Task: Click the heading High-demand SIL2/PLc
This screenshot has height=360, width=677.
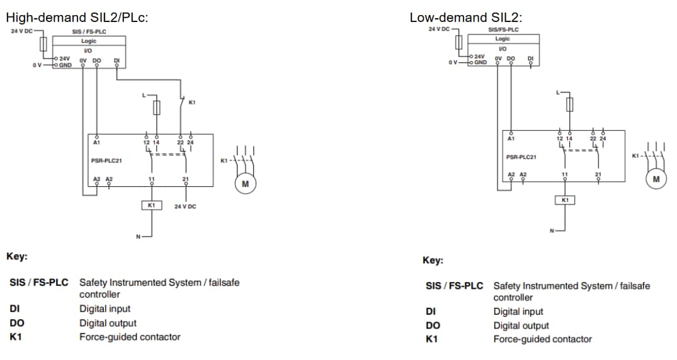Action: (x=77, y=18)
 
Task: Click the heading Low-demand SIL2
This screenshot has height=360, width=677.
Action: (x=466, y=18)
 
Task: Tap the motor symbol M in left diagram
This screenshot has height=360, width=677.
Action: (x=245, y=184)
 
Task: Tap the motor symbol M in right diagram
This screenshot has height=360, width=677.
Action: (x=657, y=179)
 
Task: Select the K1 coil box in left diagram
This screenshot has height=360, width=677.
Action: (x=151, y=205)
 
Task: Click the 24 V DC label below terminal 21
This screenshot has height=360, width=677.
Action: (x=185, y=206)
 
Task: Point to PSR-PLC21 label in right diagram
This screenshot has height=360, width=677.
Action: (x=521, y=157)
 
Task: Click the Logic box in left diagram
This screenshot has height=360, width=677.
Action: (x=89, y=41)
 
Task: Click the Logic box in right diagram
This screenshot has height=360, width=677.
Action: (x=503, y=39)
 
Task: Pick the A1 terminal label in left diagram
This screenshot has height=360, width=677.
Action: (x=96, y=142)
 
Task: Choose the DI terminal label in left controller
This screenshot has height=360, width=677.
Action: (x=117, y=60)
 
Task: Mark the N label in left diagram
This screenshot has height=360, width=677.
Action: (x=139, y=237)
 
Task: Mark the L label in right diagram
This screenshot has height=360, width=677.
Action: (x=557, y=93)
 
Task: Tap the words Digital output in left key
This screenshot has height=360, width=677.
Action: (x=108, y=323)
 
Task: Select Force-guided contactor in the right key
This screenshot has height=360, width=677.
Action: (x=542, y=339)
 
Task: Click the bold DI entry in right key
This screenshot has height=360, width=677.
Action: (x=431, y=312)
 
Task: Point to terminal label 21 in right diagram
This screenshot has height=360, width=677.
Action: (x=598, y=174)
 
